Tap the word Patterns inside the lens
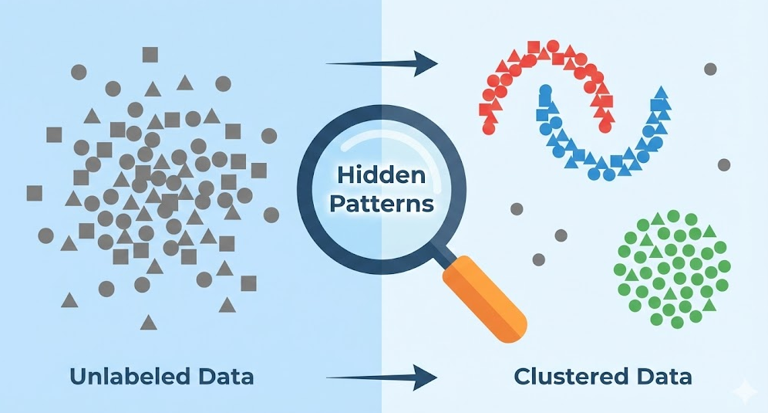381,205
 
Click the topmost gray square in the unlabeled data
150,55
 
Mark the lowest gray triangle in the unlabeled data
148,320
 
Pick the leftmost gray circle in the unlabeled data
45,235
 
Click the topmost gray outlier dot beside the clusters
710,69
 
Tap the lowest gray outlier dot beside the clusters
538,259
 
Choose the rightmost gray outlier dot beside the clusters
724,164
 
